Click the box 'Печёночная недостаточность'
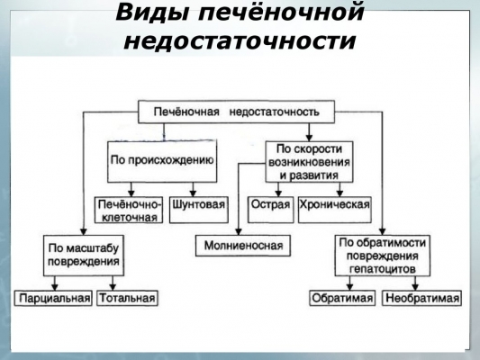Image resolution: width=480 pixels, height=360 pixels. (x=236, y=112)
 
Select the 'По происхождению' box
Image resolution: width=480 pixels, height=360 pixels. (x=162, y=161)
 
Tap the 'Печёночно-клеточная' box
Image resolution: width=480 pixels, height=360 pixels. (x=129, y=210)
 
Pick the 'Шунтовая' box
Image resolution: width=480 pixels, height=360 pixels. (x=199, y=210)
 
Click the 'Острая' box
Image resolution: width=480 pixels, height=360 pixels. (x=270, y=210)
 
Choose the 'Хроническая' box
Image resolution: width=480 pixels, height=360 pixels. (x=335, y=210)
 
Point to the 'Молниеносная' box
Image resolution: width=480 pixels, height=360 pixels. (x=243, y=246)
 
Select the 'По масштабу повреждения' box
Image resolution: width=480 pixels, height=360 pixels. (x=84, y=256)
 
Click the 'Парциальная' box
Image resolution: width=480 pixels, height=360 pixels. (x=53, y=298)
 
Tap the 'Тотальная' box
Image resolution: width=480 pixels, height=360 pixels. (x=127, y=298)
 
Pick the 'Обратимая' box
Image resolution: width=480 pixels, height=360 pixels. (x=342, y=298)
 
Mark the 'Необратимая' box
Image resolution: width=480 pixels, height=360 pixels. (x=421, y=298)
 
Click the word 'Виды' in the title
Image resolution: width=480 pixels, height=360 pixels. (x=152, y=13)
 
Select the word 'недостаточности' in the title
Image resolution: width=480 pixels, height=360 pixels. (x=240, y=41)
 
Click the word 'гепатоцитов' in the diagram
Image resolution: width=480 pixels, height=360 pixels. (x=383, y=269)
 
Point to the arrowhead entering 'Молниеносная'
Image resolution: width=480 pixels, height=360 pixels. (x=239, y=231)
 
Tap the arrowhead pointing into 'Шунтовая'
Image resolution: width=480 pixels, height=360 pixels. (x=193, y=193)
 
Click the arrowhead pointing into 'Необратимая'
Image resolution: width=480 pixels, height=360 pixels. (x=415, y=287)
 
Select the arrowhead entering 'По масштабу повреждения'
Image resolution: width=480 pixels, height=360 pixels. (x=84, y=231)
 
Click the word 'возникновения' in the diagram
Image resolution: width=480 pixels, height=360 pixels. (x=309, y=162)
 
